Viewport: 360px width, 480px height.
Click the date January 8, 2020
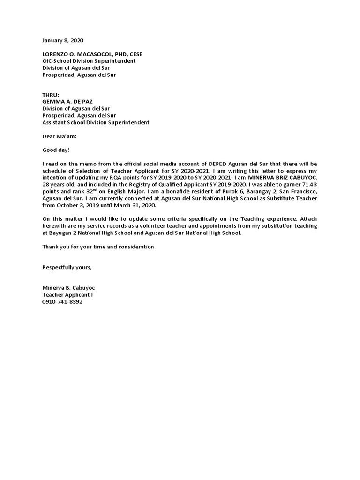tap(63, 41)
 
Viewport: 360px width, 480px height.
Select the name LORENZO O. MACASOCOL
tap(80, 54)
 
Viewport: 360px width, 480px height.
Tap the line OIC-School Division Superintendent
tap(89, 61)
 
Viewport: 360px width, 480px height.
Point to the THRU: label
tap(51, 95)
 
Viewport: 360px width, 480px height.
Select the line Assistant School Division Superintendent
tap(96, 122)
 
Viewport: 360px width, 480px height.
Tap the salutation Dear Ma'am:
tap(59, 136)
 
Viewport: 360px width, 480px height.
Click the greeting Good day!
tap(56, 150)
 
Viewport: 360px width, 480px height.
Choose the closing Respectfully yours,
tap(67, 267)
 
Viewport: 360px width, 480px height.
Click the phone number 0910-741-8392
tap(62, 302)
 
